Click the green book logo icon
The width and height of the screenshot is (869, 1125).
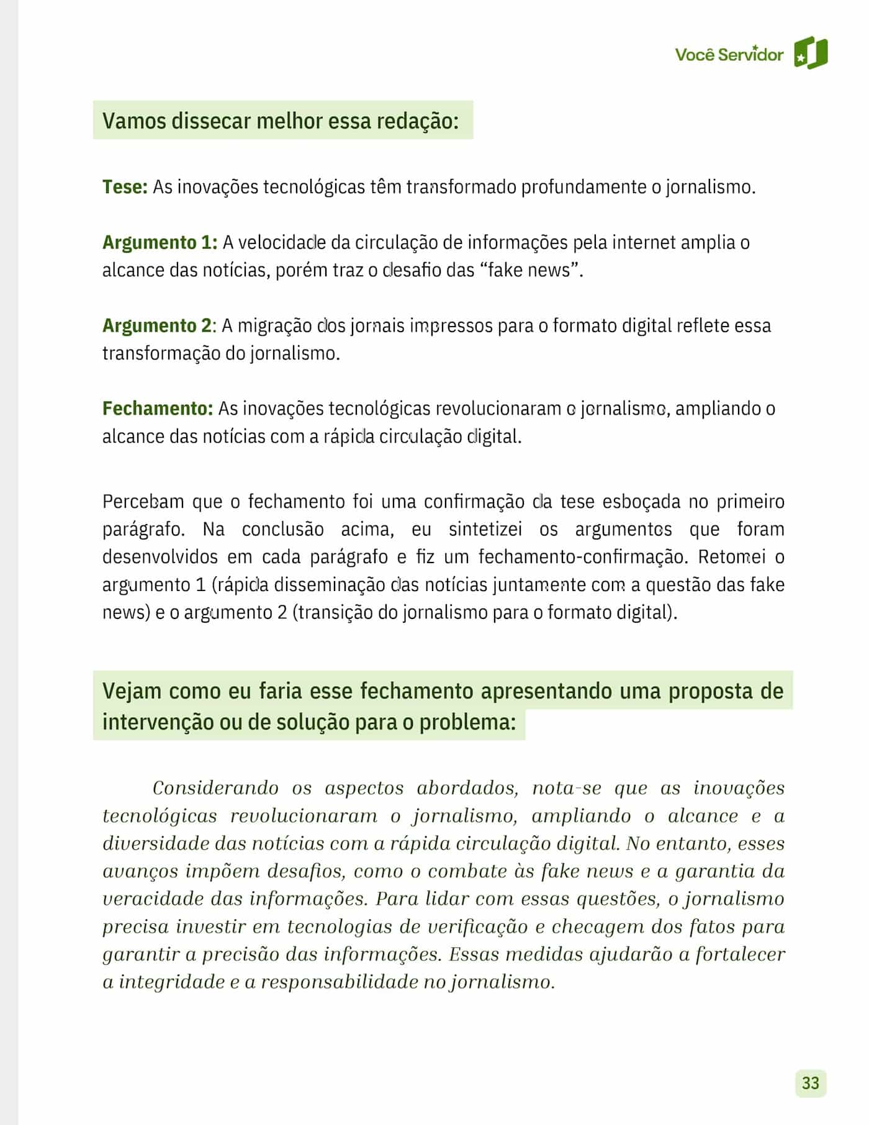(811, 53)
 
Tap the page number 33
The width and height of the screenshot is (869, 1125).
(811, 1083)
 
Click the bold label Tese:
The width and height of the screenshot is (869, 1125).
(125, 187)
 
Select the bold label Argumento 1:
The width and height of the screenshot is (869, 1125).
(160, 242)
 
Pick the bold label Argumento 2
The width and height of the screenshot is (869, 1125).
(157, 325)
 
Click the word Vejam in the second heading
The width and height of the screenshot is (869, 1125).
(131, 691)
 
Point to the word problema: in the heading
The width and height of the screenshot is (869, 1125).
(467, 722)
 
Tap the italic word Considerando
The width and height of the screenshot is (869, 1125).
(215, 788)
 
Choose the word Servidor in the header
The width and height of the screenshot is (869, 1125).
(750, 55)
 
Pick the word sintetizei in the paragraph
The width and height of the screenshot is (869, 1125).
(485, 529)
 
